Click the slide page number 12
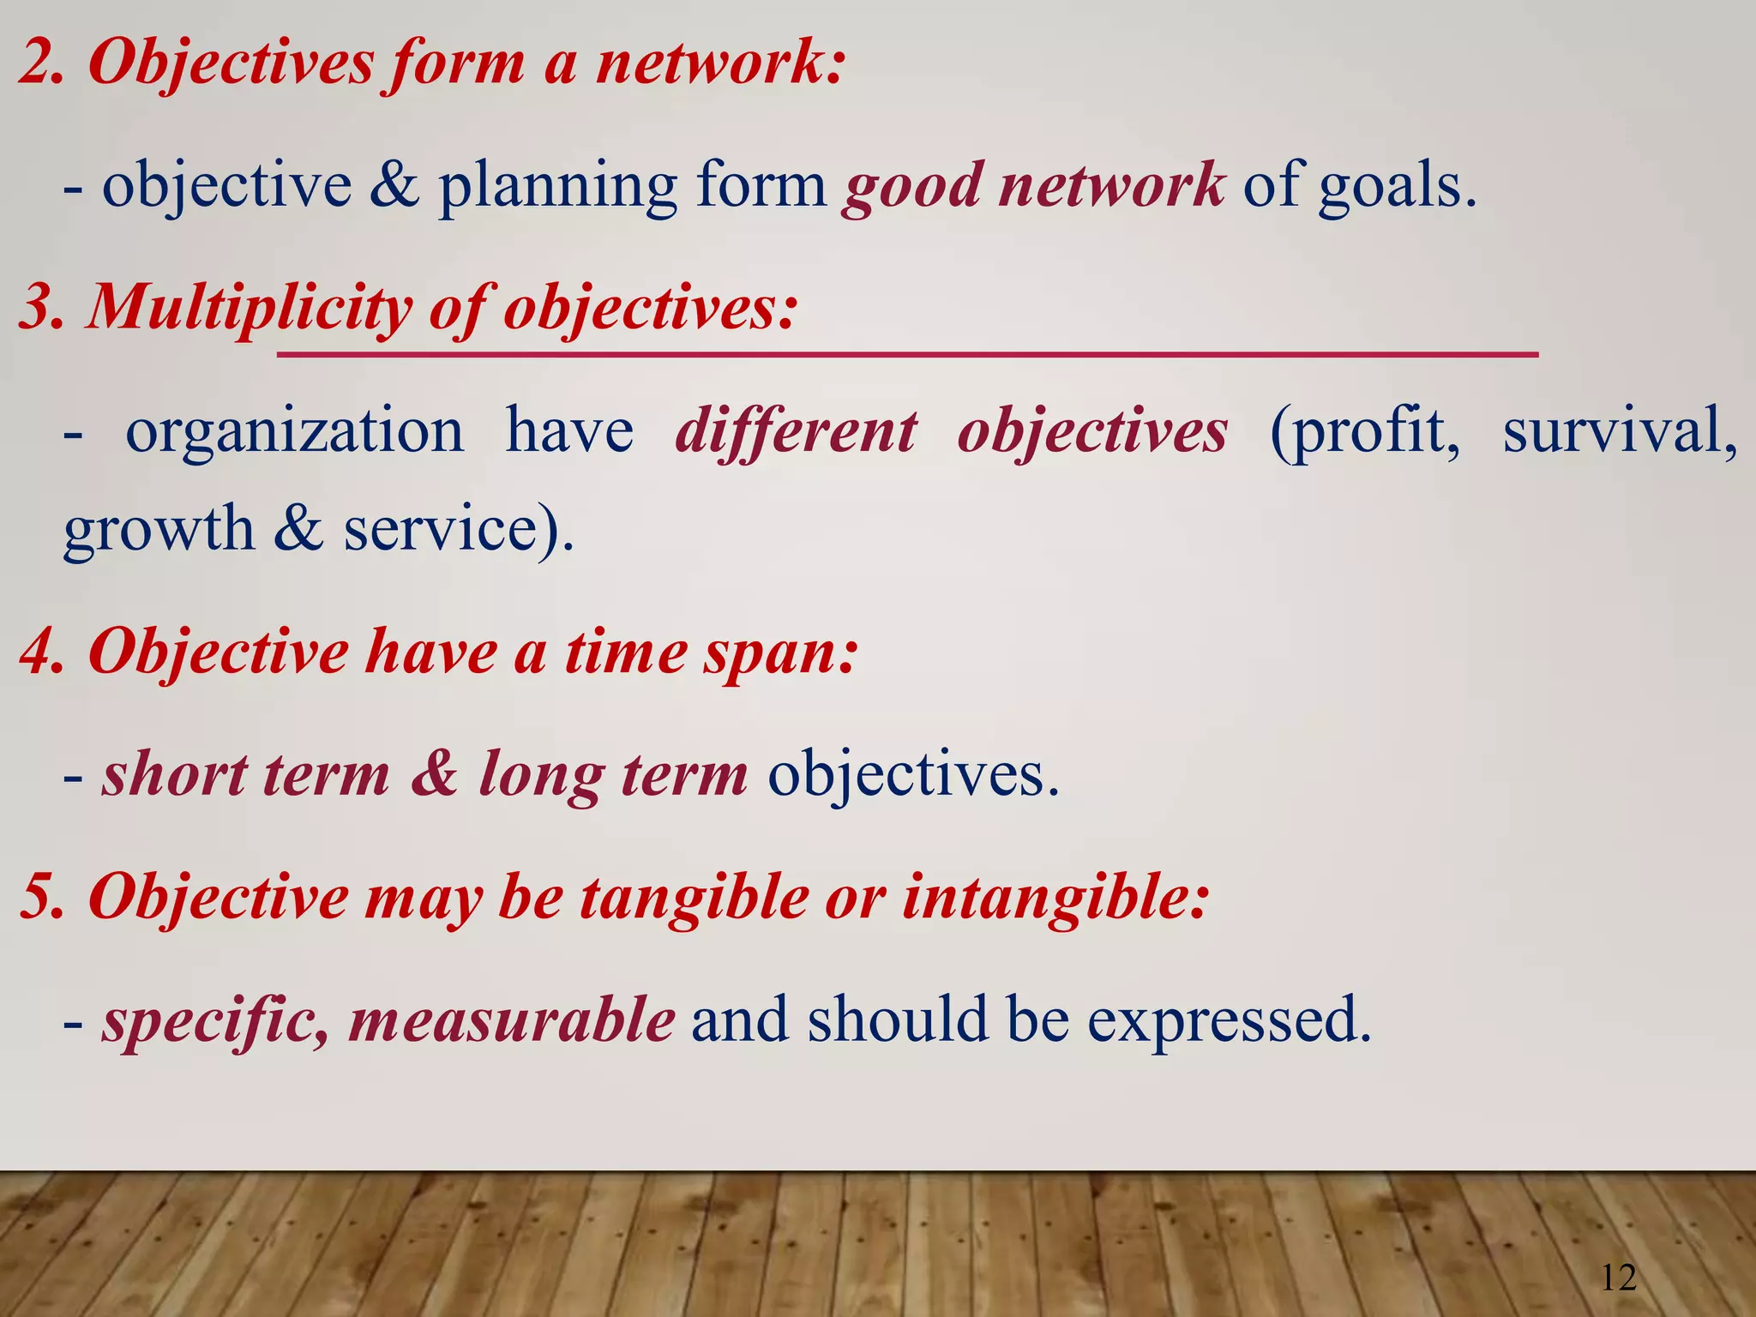click(1619, 1278)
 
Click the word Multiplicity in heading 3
click(250, 307)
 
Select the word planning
click(558, 186)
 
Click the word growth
click(159, 529)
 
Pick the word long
click(540, 775)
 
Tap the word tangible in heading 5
click(694, 898)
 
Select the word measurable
click(512, 1019)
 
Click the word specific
click(213, 1020)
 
